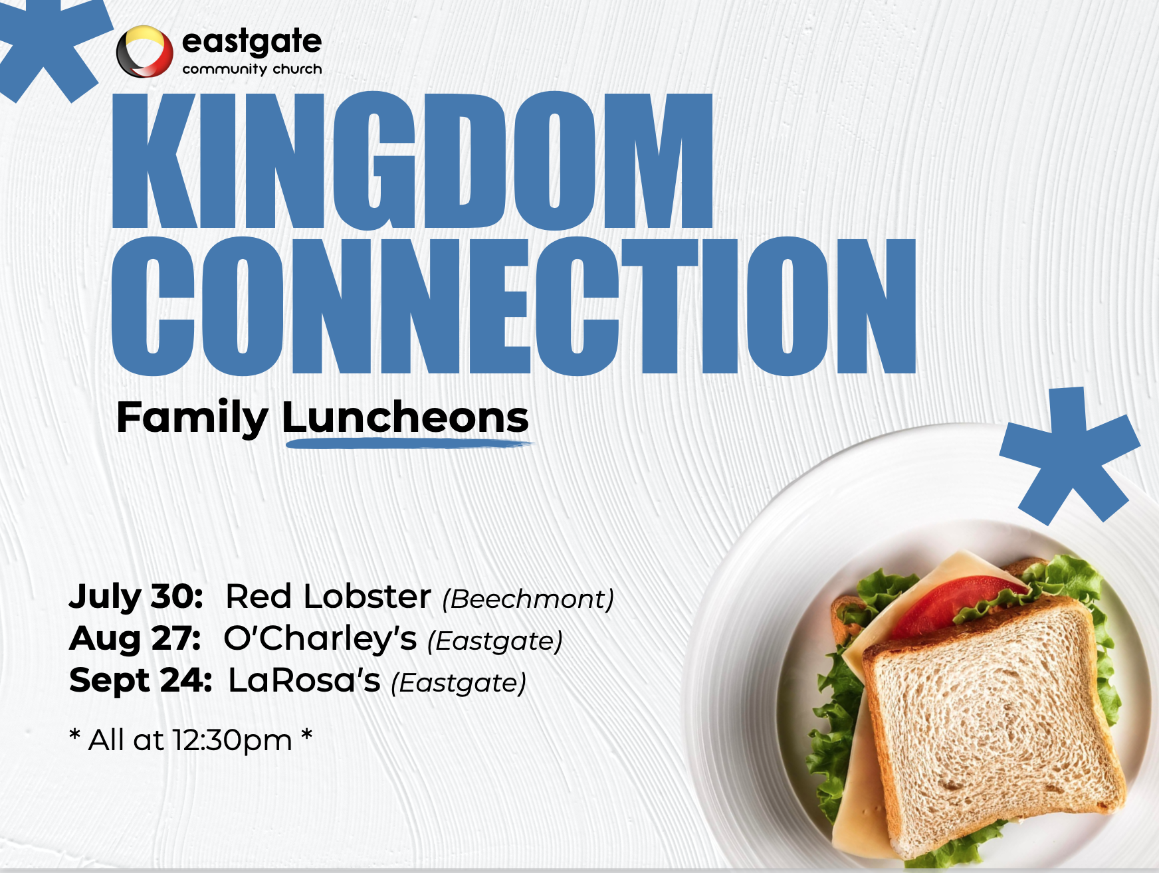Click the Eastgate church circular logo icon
(x=144, y=51)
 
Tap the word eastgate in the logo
(x=252, y=42)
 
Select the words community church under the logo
(x=252, y=69)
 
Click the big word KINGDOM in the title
(x=413, y=161)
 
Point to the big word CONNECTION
(x=514, y=306)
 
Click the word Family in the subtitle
(x=193, y=418)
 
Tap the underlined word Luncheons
(x=405, y=418)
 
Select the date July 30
(x=136, y=597)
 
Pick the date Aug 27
(x=135, y=639)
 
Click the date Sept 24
(x=141, y=680)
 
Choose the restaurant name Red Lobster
(x=328, y=596)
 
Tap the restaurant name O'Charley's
(x=320, y=638)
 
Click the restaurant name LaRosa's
(x=304, y=680)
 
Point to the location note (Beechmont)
(x=528, y=599)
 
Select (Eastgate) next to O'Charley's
(x=495, y=641)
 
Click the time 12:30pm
(x=232, y=740)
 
